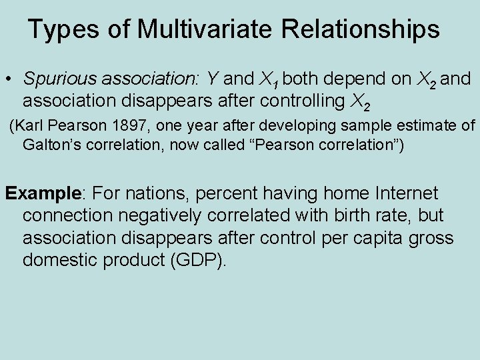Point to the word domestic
[x=60, y=260]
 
